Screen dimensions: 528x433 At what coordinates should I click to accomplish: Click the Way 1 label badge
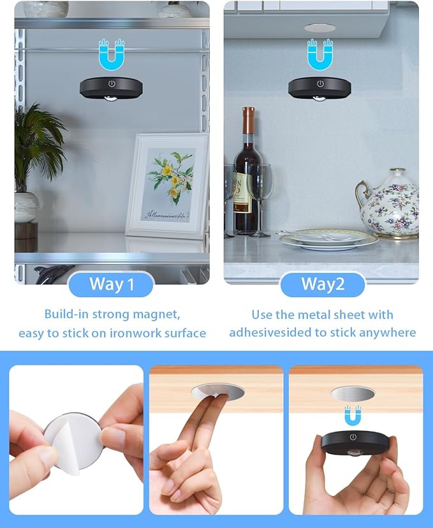pos(111,284)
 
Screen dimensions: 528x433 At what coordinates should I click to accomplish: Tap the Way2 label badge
pos(322,284)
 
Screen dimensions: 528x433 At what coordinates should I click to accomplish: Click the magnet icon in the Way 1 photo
pos(112,54)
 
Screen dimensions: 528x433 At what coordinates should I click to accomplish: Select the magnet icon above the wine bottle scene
pos(320,54)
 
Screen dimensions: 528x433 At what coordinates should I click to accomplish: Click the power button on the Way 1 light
pos(112,84)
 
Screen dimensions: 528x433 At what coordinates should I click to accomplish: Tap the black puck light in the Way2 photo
pos(320,87)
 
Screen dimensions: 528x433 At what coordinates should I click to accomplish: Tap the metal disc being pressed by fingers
pos(216,393)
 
